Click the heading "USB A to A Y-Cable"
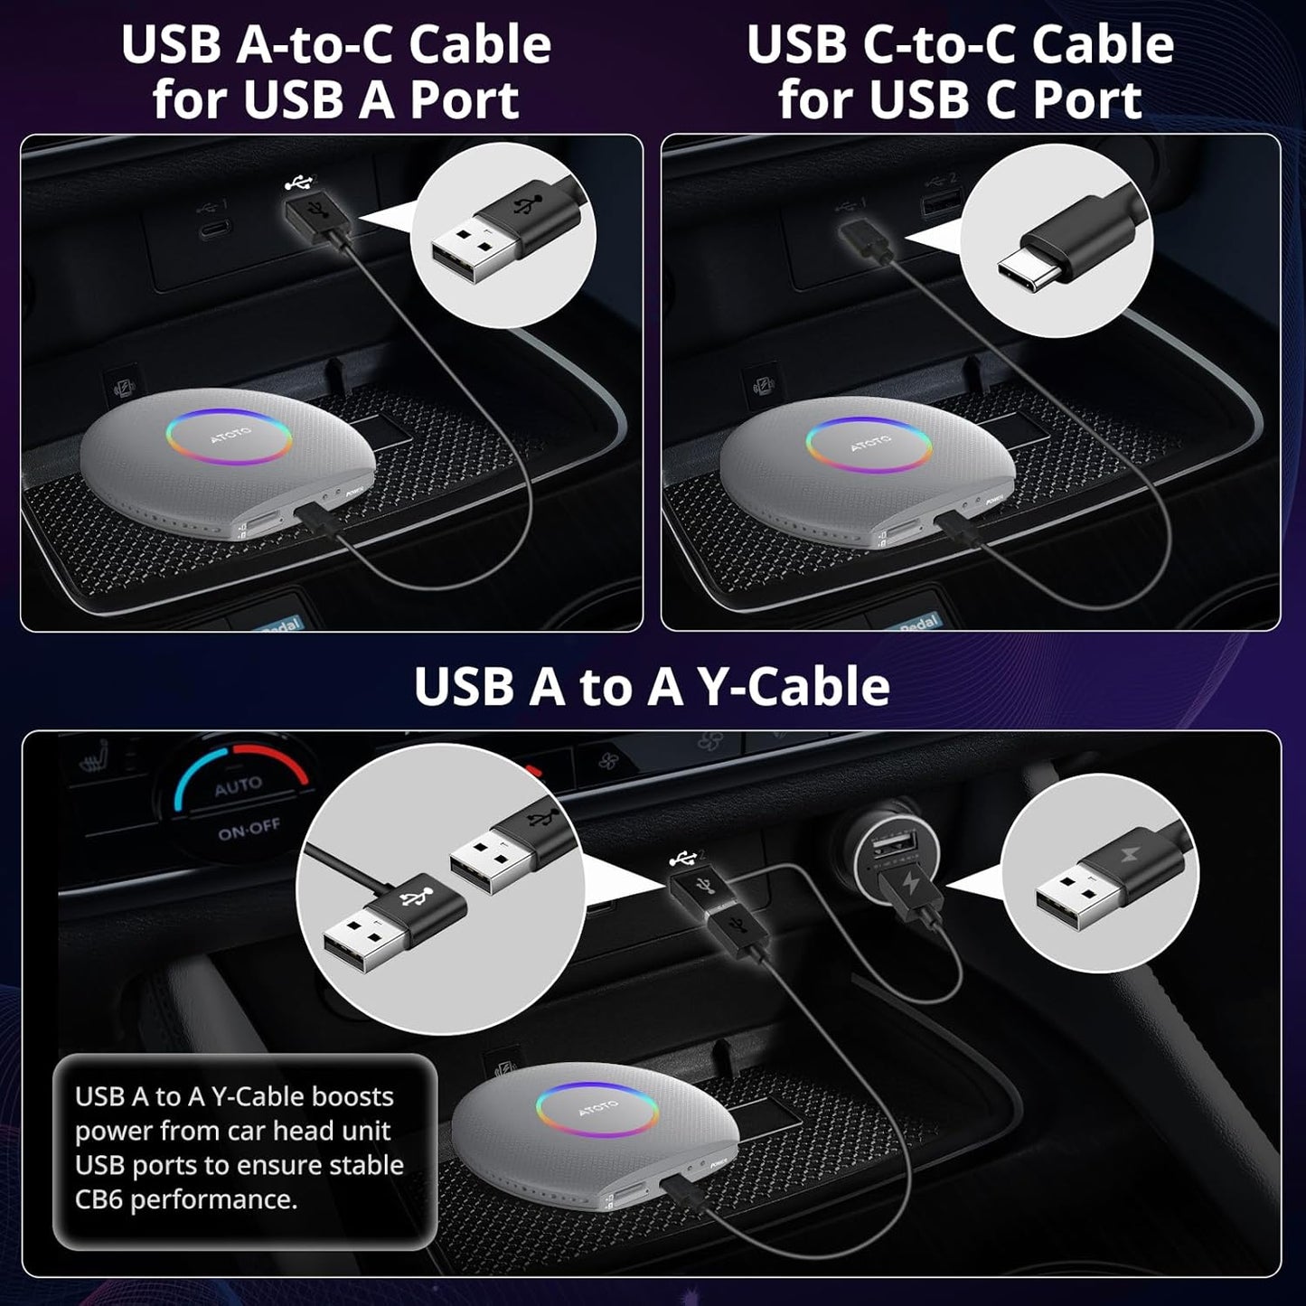pos(652,687)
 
